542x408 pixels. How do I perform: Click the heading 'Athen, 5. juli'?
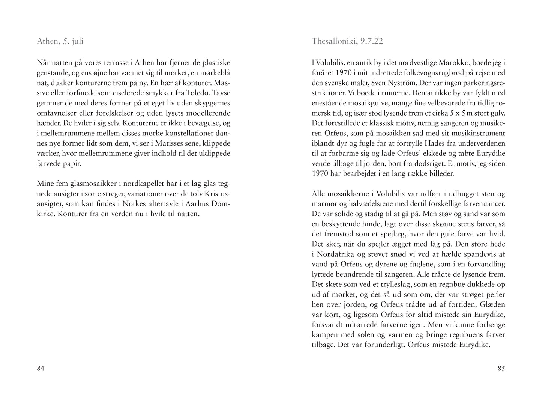60,41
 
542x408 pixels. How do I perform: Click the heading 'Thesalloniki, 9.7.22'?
347,41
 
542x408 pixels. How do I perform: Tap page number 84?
41,369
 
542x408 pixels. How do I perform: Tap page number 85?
501,369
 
